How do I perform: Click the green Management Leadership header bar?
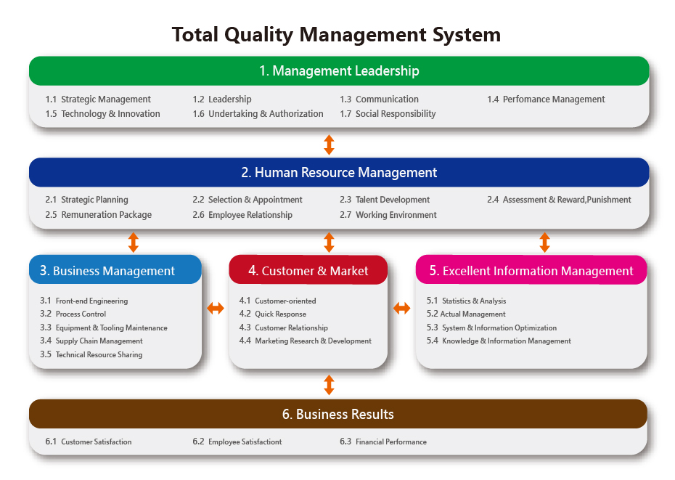tap(339, 70)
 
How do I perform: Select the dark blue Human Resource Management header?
tap(339, 172)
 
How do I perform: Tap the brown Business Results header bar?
tap(338, 414)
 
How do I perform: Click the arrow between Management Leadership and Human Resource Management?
tap(329, 145)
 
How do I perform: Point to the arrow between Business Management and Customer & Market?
tap(216, 308)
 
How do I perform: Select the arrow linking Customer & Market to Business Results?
tap(329, 385)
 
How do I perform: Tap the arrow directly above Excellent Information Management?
tap(544, 242)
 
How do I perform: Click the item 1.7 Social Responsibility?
tap(388, 114)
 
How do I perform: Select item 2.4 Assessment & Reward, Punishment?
tap(559, 200)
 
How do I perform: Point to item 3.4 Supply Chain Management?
tap(91, 341)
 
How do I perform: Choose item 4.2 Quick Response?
tap(272, 314)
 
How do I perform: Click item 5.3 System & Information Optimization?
tap(491, 328)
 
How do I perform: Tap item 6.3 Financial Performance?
tap(383, 442)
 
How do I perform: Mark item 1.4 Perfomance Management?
tap(546, 99)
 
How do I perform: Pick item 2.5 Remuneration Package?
tap(98, 214)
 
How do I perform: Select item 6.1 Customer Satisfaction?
tap(89, 442)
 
